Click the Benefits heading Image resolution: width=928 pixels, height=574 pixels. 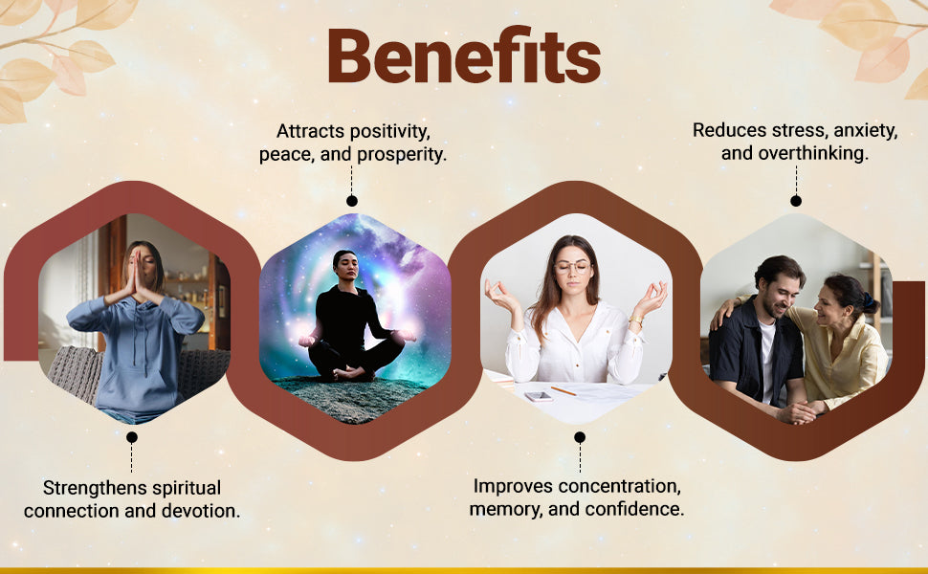click(x=464, y=55)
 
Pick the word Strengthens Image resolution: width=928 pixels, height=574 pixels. click(x=87, y=488)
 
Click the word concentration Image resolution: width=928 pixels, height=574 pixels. click(x=615, y=486)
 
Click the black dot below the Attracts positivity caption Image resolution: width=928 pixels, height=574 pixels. click(x=351, y=201)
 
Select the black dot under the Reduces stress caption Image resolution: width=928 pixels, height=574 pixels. click(x=796, y=201)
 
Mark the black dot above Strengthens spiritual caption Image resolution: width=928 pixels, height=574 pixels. click(x=132, y=437)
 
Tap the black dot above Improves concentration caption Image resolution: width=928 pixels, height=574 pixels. click(x=580, y=437)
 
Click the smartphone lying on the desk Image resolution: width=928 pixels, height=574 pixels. click(x=539, y=396)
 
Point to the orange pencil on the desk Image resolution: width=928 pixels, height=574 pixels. click(x=563, y=390)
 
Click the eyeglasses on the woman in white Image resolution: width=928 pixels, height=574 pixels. click(x=572, y=267)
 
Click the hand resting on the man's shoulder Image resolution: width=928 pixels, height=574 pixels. click(x=722, y=313)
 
